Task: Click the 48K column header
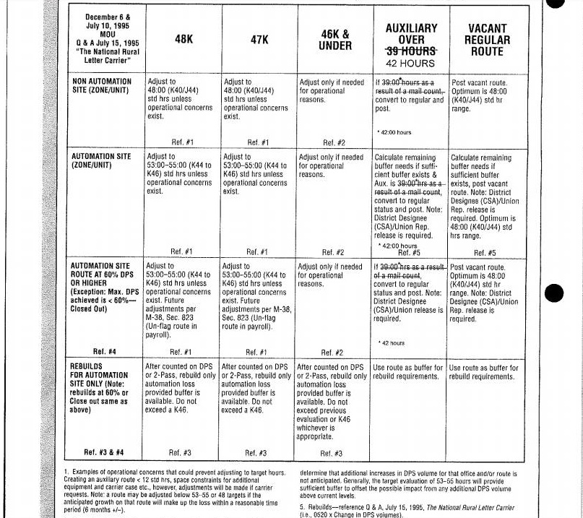coord(183,40)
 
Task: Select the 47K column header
coord(259,40)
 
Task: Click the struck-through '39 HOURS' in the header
coord(412,51)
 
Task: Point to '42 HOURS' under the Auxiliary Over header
coord(412,63)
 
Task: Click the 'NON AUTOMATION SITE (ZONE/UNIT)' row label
coord(102,87)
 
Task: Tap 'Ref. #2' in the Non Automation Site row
coord(333,142)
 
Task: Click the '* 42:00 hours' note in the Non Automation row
coord(394,132)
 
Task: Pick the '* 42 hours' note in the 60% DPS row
coord(391,342)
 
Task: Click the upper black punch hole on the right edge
coord(574,4)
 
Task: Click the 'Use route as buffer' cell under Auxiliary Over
coord(410,372)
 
